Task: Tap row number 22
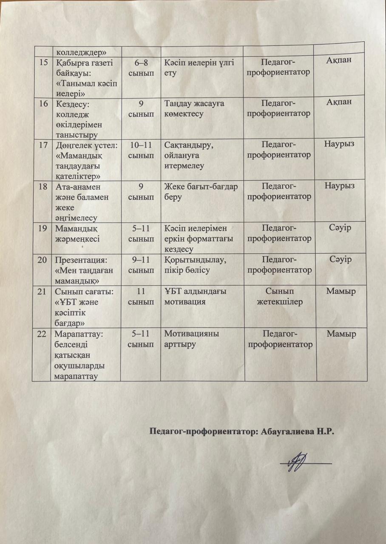[42, 334]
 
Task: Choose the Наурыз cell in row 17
[339, 144]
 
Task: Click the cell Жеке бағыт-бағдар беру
[200, 192]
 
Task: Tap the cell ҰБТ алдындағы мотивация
[195, 296]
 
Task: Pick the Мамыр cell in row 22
[340, 334]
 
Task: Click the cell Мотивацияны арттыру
[191, 339]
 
